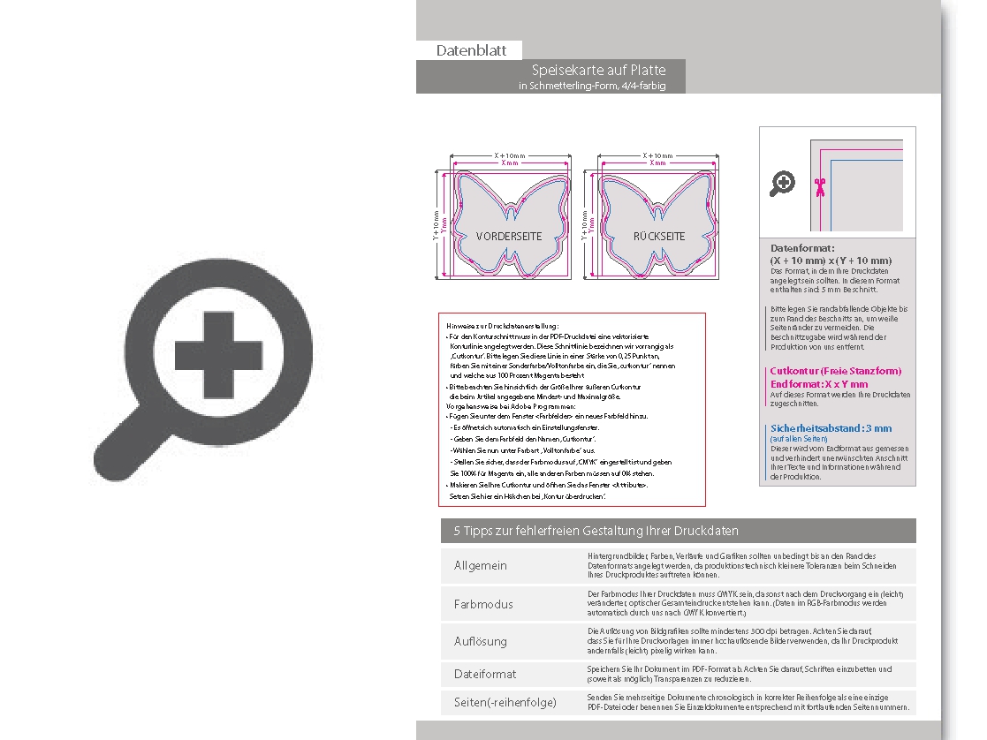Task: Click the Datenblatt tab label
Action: pos(471,50)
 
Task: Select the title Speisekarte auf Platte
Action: pos(598,70)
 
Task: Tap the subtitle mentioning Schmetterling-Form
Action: pos(591,86)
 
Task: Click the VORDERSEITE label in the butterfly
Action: pos(509,237)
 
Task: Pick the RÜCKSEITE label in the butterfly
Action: pos(659,237)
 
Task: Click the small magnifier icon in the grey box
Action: pos(783,184)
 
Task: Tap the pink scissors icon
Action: pos(819,185)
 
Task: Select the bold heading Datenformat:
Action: pos(802,249)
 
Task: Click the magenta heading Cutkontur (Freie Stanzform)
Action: pos(836,372)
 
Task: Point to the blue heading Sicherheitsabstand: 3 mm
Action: pos(831,428)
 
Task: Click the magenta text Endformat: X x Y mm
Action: pos(819,384)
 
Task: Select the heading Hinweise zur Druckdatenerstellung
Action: pos(503,327)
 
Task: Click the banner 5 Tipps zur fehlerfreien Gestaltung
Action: pos(596,531)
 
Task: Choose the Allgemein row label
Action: pos(481,565)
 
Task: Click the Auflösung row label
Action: pos(481,641)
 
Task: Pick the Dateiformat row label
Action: pos(485,674)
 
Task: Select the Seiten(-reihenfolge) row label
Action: pos(505,702)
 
